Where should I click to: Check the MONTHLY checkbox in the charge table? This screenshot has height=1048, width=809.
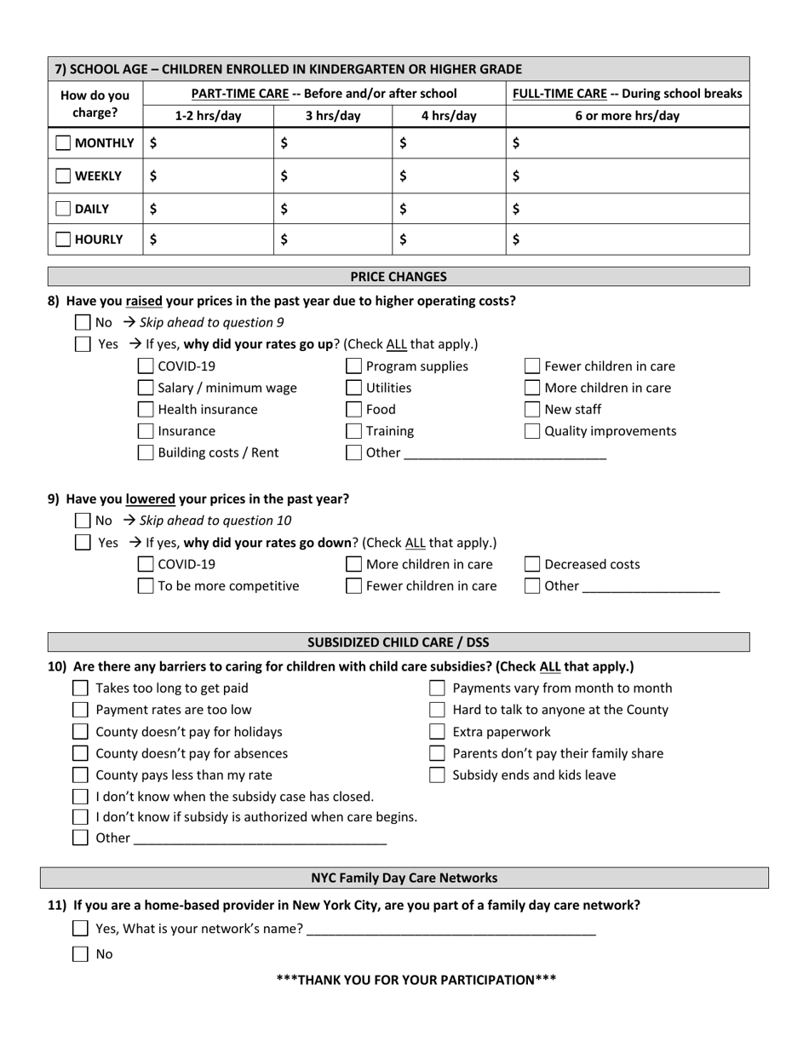click(x=63, y=143)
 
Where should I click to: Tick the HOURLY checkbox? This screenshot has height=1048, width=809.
click(x=63, y=240)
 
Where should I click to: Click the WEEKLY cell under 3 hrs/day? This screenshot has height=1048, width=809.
click(x=332, y=176)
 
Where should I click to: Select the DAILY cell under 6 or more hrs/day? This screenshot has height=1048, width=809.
click(x=628, y=209)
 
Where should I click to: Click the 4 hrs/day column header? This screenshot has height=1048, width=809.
click(x=449, y=116)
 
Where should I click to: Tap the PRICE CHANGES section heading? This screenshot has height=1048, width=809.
click(x=399, y=277)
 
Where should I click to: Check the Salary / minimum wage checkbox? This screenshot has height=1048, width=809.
click(x=146, y=389)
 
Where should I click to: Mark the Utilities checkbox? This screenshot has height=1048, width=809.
click(x=353, y=389)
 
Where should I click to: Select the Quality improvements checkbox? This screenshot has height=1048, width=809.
click(x=531, y=431)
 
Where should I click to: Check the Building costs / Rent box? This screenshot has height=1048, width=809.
click(x=146, y=453)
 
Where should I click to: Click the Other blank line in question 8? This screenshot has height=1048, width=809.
click(x=504, y=454)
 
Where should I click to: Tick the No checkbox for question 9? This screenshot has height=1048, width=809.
click(x=83, y=521)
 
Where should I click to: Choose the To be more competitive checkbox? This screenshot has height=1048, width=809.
click(x=146, y=586)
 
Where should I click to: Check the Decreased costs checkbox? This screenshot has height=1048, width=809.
click(x=531, y=564)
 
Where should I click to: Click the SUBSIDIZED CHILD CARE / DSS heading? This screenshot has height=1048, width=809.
click(x=399, y=642)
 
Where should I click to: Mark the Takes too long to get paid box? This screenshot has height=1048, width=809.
click(x=80, y=688)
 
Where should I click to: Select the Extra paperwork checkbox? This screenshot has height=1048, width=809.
click(x=437, y=732)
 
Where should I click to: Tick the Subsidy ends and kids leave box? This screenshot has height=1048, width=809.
click(x=437, y=775)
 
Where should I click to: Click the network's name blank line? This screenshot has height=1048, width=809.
click(x=450, y=930)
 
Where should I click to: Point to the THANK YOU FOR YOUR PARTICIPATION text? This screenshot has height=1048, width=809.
click(x=416, y=980)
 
